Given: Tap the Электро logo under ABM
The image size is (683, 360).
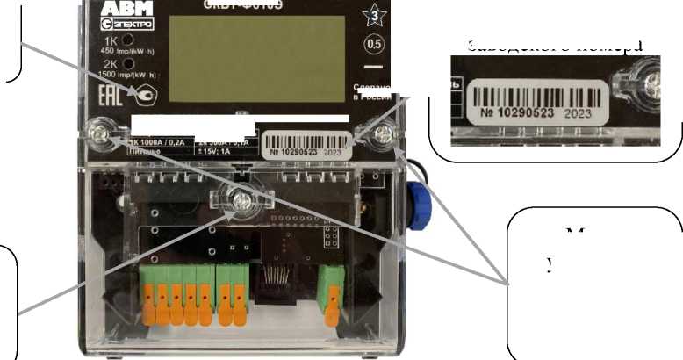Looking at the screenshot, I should pos(126,24).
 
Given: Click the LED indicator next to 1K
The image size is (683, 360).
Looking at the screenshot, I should pos(128,40).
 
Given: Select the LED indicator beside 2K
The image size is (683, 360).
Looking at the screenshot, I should pos(128,64).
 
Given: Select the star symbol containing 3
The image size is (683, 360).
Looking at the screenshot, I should pos(371,13).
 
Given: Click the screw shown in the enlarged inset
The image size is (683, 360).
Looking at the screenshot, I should pos(652,83).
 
